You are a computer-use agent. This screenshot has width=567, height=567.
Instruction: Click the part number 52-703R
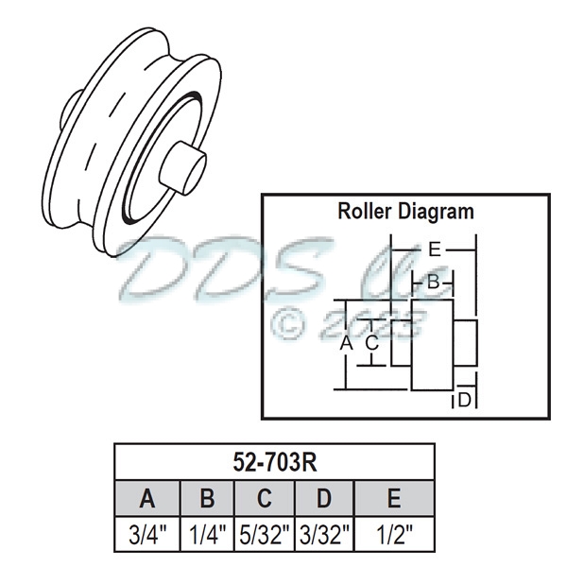click(x=274, y=462)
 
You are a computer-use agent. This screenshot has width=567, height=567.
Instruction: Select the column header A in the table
click(x=146, y=498)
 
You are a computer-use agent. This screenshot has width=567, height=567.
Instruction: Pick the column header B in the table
click(x=207, y=498)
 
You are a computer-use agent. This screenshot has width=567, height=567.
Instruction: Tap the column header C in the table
click(x=266, y=498)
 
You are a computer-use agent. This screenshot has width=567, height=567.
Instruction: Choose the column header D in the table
click(x=324, y=498)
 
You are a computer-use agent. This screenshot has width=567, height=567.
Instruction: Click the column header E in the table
click(x=393, y=498)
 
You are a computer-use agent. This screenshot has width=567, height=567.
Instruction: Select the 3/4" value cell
click(x=146, y=534)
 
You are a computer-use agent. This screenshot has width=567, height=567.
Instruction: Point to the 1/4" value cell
click(x=207, y=534)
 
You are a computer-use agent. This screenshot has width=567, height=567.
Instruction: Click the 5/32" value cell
click(x=266, y=534)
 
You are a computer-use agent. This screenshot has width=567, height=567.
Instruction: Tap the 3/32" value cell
click(x=324, y=534)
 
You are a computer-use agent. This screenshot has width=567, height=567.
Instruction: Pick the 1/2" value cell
click(x=393, y=534)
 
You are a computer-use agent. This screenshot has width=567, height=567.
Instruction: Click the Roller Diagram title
click(x=405, y=211)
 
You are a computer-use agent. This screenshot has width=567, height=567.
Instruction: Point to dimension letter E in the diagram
click(x=434, y=249)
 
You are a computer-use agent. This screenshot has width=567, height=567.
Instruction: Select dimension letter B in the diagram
click(x=433, y=281)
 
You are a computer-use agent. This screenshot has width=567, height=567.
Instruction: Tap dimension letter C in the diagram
click(x=372, y=343)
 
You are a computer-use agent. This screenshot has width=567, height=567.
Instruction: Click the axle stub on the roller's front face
click(x=181, y=167)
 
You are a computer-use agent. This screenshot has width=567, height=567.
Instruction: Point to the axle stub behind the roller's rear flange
click(x=69, y=111)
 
